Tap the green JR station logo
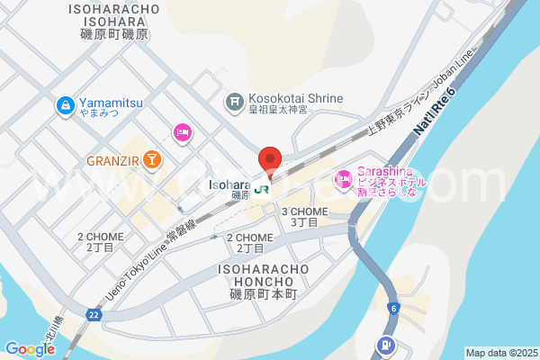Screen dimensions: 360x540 tap(261, 189)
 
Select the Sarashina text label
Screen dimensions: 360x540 tap(385, 173)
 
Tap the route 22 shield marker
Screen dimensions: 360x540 tap(94, 314)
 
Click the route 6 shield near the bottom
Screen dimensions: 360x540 tap(393, 308)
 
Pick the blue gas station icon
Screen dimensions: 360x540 tap(386, 343)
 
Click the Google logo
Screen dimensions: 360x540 tap(30, 349)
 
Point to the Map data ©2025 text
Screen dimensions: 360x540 tap(499, 353)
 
